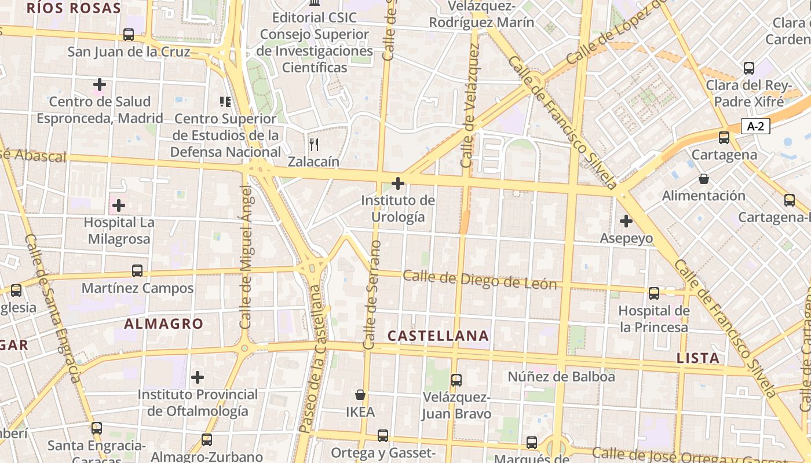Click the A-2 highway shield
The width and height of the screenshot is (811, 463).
(755, 126)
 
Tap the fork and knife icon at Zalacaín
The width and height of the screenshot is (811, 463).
(314, 144)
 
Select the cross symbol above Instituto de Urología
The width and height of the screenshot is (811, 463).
(398, 183)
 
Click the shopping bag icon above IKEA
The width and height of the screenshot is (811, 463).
(360, 395)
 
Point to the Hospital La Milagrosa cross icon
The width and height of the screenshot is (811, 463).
(119, 205)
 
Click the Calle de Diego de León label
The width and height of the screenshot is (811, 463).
(480, 280)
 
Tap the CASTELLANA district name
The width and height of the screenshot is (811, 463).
(438, 336)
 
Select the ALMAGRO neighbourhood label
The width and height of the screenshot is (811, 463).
(164, 324)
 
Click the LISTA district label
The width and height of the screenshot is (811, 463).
(698, 358)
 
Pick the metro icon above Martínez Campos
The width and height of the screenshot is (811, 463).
(137, 270)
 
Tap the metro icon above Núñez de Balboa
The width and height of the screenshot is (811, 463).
(456, 380)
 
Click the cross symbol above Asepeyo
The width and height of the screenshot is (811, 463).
(626, 221)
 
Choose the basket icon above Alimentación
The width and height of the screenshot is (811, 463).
(703, 179)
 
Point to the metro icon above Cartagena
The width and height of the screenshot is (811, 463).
(724, 138)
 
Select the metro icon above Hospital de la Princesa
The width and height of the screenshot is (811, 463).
(654, 293)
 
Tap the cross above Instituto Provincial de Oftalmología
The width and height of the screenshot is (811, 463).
(198, 377)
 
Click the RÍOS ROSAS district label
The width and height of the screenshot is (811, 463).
(74, 8)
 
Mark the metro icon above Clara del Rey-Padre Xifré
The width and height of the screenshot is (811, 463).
(749, 68)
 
